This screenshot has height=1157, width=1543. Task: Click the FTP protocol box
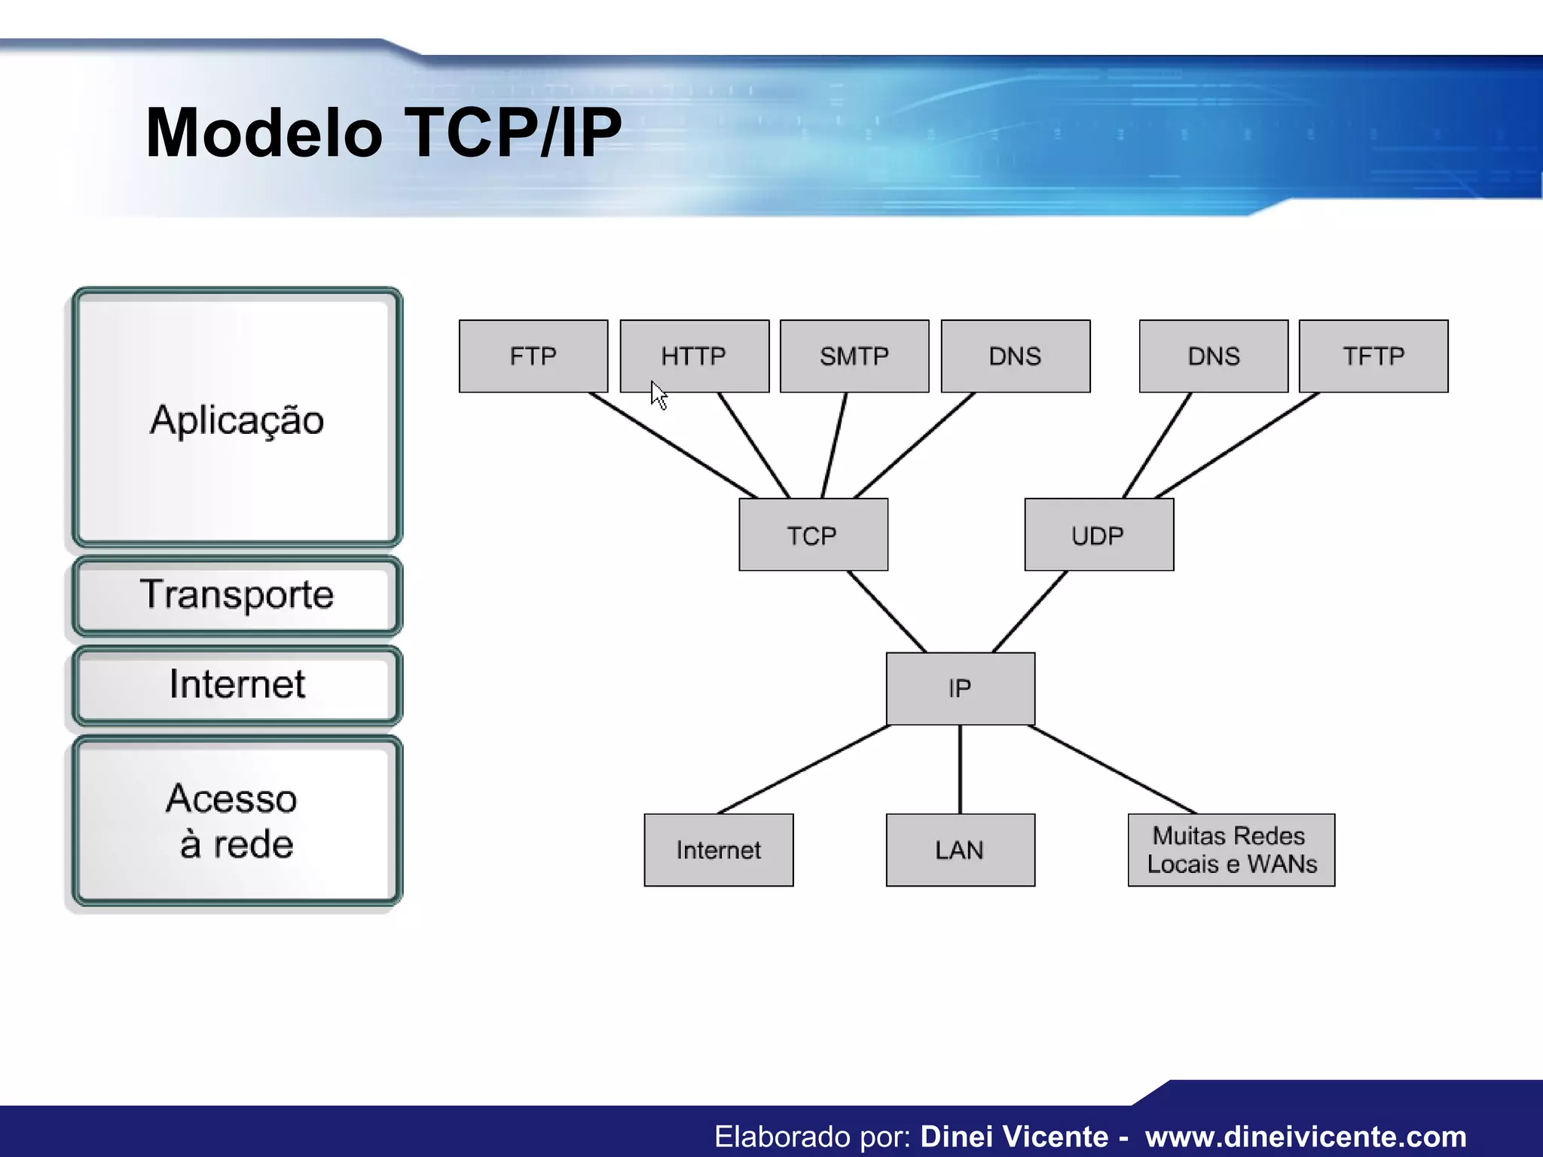(x=533, y=356)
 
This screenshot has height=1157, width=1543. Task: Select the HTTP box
(x=694, y=356)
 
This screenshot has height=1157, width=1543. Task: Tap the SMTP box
(x=854, y=356)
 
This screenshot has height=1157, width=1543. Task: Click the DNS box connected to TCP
(x=1015, y=356)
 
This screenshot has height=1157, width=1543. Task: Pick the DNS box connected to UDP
(x=1213, y=356)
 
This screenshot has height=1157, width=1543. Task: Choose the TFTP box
(x=1373, y=356)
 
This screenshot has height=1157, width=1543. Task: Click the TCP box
(x=813, y=535)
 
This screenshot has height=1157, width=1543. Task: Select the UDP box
(x=1098, y=535)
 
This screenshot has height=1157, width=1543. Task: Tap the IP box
(x=960, y=688)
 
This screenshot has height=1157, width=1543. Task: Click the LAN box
(x=960, y=850)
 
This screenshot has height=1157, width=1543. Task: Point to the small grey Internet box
(x=718, y=850)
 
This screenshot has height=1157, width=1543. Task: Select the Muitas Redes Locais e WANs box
(x=1231, y=850)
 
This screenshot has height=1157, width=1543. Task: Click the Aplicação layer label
(x=237, y=420)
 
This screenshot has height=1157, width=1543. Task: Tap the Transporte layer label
(x=237, y=594)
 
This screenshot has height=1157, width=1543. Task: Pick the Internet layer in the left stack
(x=237, y=684)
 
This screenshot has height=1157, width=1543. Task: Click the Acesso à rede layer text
(x=234, y=821)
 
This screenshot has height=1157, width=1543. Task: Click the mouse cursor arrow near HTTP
(x=658, y=394)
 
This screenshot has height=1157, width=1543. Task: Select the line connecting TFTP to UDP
(x=1237, y=445)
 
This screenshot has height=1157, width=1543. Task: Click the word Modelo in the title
(x=264, y=133)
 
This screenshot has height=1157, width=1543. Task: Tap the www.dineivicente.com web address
(x=1306, y=1136)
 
